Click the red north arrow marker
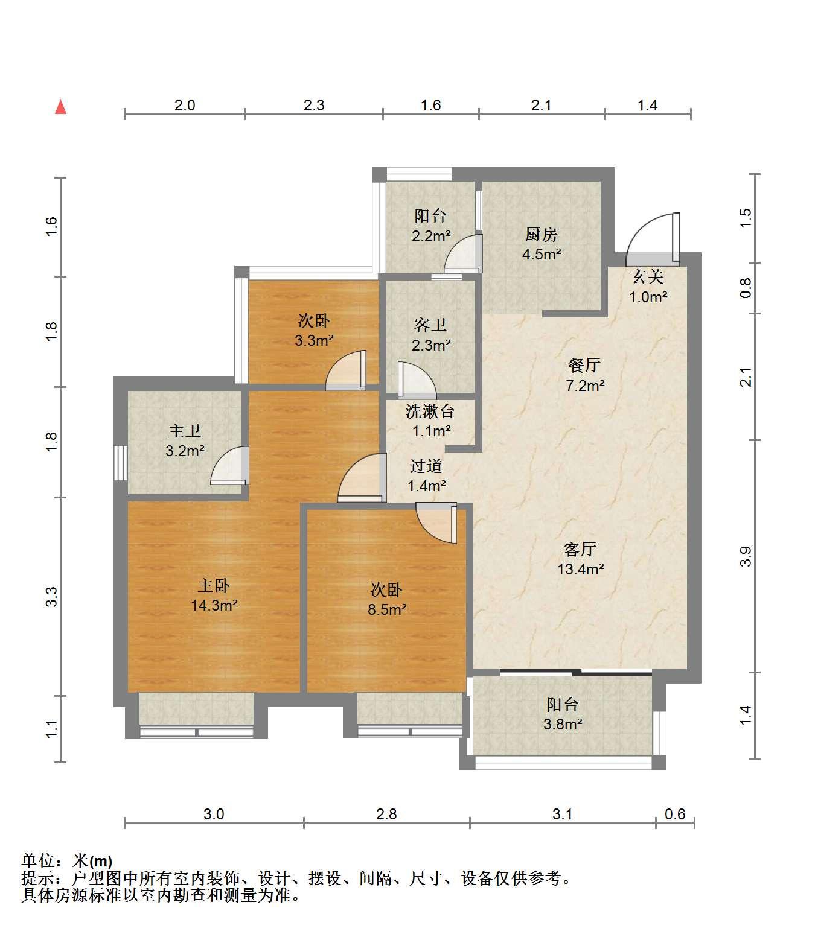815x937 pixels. tap(60, 107)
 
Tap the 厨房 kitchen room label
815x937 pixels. tap(541, 235)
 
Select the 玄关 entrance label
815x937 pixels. tap(648, 277)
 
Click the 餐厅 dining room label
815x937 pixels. tap(584, 365)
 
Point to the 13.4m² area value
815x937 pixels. tap(580, 569)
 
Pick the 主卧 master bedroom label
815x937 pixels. tap(214, 585)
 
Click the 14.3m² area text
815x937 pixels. tap(214, 605)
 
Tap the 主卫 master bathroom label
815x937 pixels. tap(185, 431)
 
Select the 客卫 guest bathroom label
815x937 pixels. tap(430, 325)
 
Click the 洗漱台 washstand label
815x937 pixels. tap(430, 411)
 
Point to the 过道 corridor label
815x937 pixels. tap(426, 466)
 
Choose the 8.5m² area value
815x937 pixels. tap(387, 609)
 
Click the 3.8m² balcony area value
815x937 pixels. tap(563, 724)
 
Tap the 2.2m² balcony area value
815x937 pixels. tap(430, 236)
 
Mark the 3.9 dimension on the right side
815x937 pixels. tap(746, 556)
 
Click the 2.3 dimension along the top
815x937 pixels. tap(314, 106)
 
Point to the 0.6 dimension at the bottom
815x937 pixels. tap(675, 814)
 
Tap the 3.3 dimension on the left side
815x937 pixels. tap(52, 597)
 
